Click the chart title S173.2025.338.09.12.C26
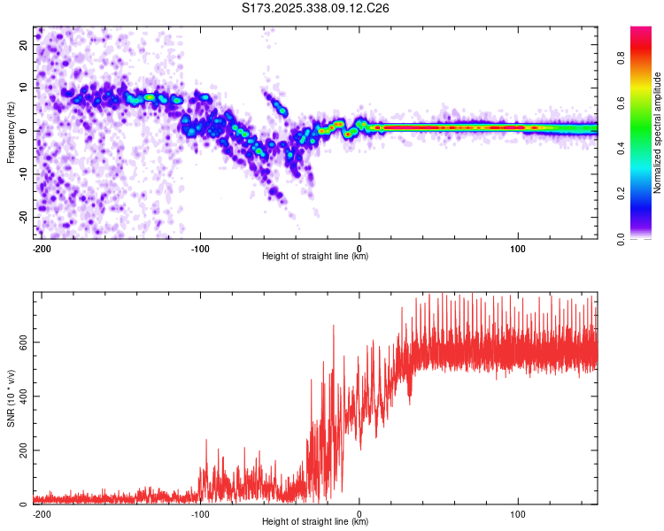click(x=316, y=8)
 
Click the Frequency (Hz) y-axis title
click(x=11, y=133)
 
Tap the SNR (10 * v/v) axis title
click(x=11, y=398)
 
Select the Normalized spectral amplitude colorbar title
click(x=658, y=133)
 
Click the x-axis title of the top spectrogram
click(x=315, y=257)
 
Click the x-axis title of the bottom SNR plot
click(x=315, y=522)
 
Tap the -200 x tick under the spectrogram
click(x=40, y=248)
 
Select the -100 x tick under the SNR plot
click(x=200, y=513)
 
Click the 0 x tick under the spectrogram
click(x=359, y=248)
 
